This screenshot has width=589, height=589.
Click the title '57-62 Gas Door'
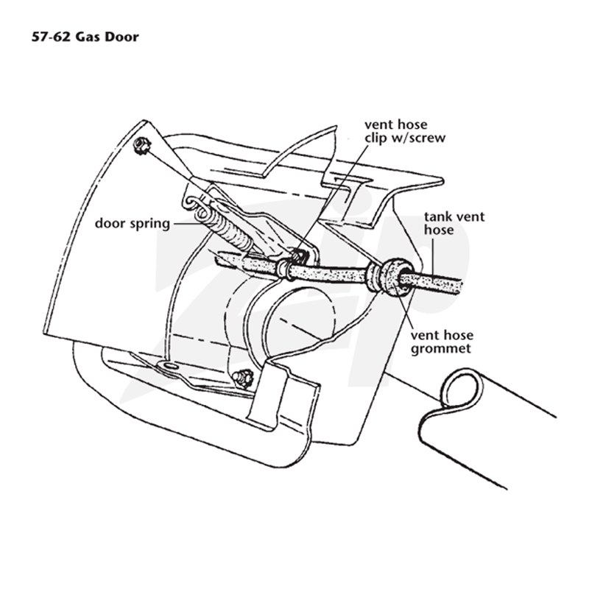[85, 37]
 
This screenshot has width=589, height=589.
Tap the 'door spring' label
[133, 224]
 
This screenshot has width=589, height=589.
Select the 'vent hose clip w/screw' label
[405, 131]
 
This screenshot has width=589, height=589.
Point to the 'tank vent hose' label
[454, 223]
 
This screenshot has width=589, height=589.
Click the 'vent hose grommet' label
[442, 342]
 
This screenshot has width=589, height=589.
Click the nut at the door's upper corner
[142, 145]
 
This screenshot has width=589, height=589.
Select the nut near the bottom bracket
[243, 378]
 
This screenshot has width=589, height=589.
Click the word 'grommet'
[440, 349]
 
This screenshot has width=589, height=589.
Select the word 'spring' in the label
[150, 225]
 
